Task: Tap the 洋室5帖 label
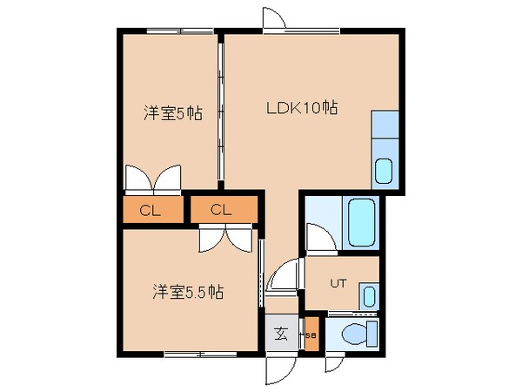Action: (173, 112)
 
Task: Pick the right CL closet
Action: (222, 209)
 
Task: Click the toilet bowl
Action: (356, 333)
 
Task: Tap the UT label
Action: (338, 283)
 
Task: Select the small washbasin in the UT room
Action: (369, 294)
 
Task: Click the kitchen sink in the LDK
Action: (384, 170)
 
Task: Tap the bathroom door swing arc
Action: (317, 237)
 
